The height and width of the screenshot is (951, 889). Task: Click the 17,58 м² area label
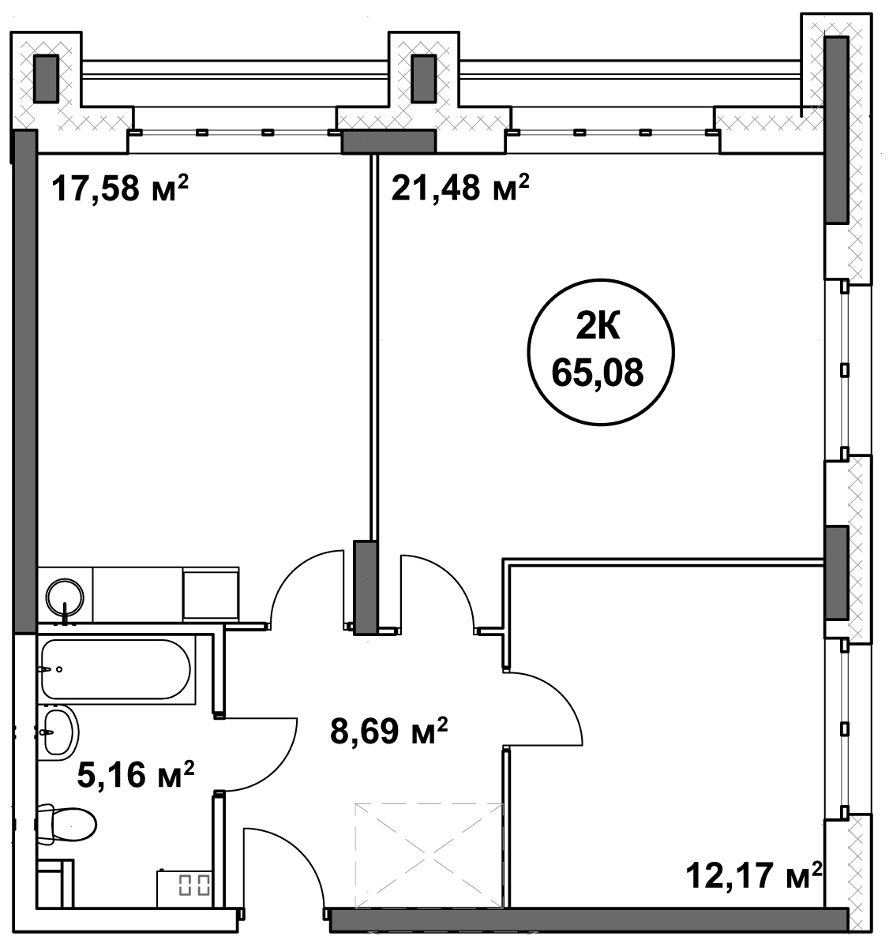pyautogui.click(x=120, y=188)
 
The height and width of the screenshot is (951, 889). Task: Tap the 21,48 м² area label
pyautogui.click(x=460, y=187)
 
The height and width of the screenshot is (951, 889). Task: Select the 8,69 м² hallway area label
pyautogui.click(x=388, y=732)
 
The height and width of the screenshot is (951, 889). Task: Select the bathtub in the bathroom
pyautogui.click(x=116, y=669)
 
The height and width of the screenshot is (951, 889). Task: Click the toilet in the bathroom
pyautogui.click(x=66, y=824)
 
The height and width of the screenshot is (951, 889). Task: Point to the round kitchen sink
pyautogui.click(x=65, y=597)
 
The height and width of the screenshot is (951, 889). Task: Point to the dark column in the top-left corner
pyautogui.click(x=46, y=78)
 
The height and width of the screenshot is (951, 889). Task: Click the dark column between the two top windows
pyautogui.click(x=424, y=78)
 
